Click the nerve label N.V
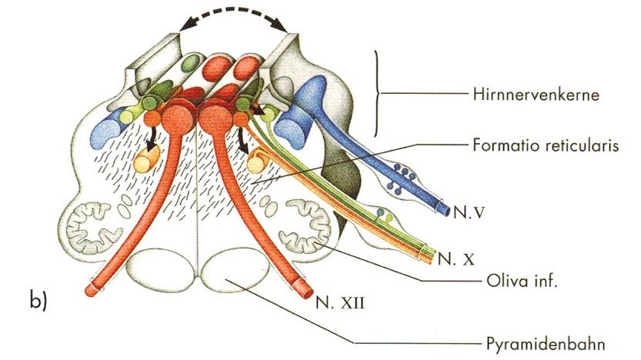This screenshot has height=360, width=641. pos(465,208)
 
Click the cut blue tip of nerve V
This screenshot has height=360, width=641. pos(444,208)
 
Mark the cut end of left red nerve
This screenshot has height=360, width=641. pos(90,288)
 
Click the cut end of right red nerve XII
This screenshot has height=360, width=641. pos(302,288)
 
